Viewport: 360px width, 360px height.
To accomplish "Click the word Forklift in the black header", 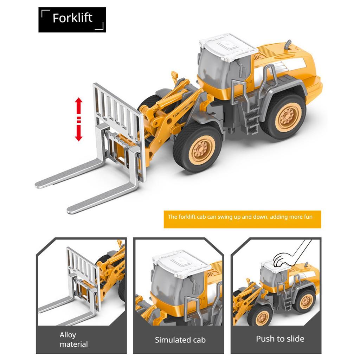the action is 72,18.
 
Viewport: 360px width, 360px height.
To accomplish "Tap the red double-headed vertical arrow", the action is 78,120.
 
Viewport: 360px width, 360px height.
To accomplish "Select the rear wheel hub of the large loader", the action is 288,117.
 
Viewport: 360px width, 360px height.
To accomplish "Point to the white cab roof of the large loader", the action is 228,47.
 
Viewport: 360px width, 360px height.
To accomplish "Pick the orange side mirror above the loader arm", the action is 174,75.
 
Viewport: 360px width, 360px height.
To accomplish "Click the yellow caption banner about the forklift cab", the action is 242,219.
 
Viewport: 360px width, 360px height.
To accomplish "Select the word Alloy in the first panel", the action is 68,335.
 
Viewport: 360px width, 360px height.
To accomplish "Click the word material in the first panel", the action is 74,344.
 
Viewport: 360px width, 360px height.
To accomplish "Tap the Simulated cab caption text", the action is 180,340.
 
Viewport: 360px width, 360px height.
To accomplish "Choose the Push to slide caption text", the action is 280,339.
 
